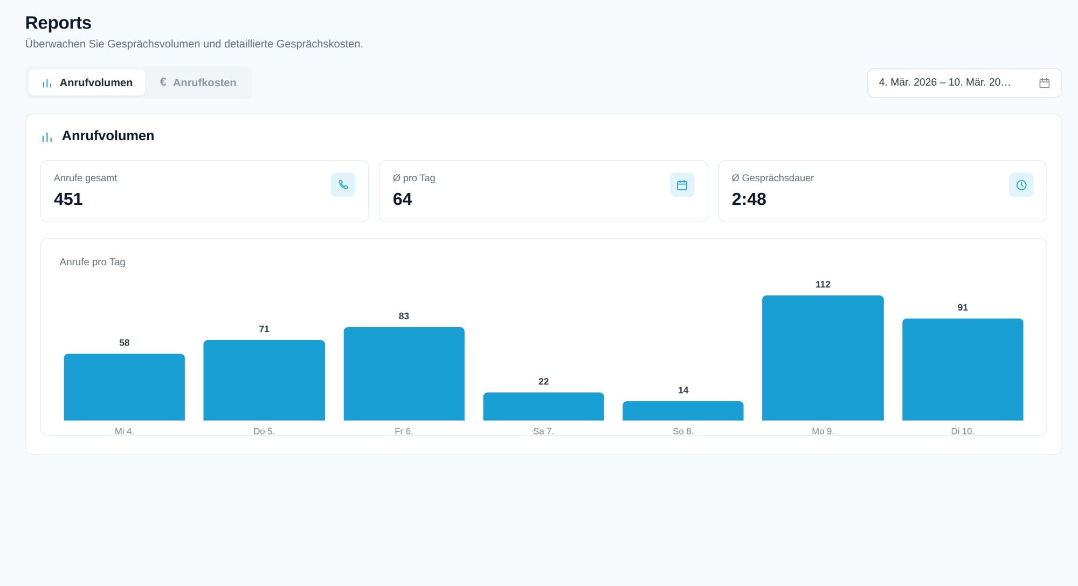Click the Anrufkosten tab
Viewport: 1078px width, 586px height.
coord(198,82)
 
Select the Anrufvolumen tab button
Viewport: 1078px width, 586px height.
coord(87,82)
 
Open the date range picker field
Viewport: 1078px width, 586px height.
coord(964,82)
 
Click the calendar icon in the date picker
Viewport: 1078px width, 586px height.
coord(1044,83)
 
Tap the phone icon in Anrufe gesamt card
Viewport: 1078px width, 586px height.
coord(343,185)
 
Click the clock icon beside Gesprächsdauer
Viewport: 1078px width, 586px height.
coord(1021,185)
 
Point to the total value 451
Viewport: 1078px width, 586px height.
coord(68,199)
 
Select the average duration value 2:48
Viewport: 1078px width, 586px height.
coord(749,199)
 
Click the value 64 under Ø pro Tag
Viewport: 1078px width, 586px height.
coord(403,199)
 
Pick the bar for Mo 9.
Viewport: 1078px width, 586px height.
coord(823,358)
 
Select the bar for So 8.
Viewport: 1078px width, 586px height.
coord(683,411)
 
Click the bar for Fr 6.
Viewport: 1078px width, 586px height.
coord(404,374)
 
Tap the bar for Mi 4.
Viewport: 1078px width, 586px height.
coord(124,387)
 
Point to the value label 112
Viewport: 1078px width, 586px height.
coord(823,285)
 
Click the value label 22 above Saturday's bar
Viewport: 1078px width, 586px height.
coord(543,382)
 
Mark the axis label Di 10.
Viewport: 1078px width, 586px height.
coord(963,431)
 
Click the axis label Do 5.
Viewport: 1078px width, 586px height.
coord(264,431)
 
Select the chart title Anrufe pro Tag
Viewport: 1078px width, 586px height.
coord(92,262)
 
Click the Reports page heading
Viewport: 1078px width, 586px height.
coord(58,23)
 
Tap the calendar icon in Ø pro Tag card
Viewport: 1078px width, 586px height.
coord(682,185)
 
